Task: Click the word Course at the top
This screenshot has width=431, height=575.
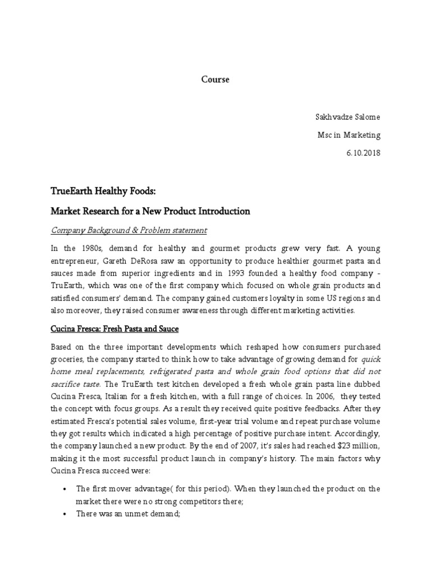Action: point(215,80)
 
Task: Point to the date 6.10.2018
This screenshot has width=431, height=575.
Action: point(363,153)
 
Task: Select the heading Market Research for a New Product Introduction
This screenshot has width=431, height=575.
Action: point(150,212)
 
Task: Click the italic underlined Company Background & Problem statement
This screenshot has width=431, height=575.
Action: point(129,230)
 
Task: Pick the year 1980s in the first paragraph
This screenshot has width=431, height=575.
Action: point(91,249)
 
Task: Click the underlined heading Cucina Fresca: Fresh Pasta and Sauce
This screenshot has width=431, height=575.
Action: point(114,328)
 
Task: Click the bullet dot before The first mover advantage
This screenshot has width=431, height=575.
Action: point(67,489)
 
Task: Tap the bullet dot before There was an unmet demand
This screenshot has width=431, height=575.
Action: point(67,514)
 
